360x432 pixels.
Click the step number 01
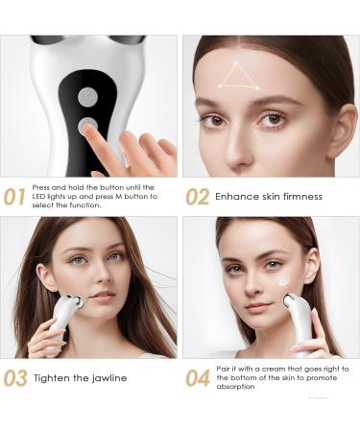click(15, 197)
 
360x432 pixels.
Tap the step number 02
click(197, 197)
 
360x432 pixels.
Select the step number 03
click(15, 377)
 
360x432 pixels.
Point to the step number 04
click(197, 377)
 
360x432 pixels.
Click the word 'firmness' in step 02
click(293, 197)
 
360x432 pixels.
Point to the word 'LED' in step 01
click(40, 197)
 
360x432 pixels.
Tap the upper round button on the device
click(87, 97)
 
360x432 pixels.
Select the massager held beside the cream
click(297, 317)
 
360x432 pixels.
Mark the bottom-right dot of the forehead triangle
click(256, 86)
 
